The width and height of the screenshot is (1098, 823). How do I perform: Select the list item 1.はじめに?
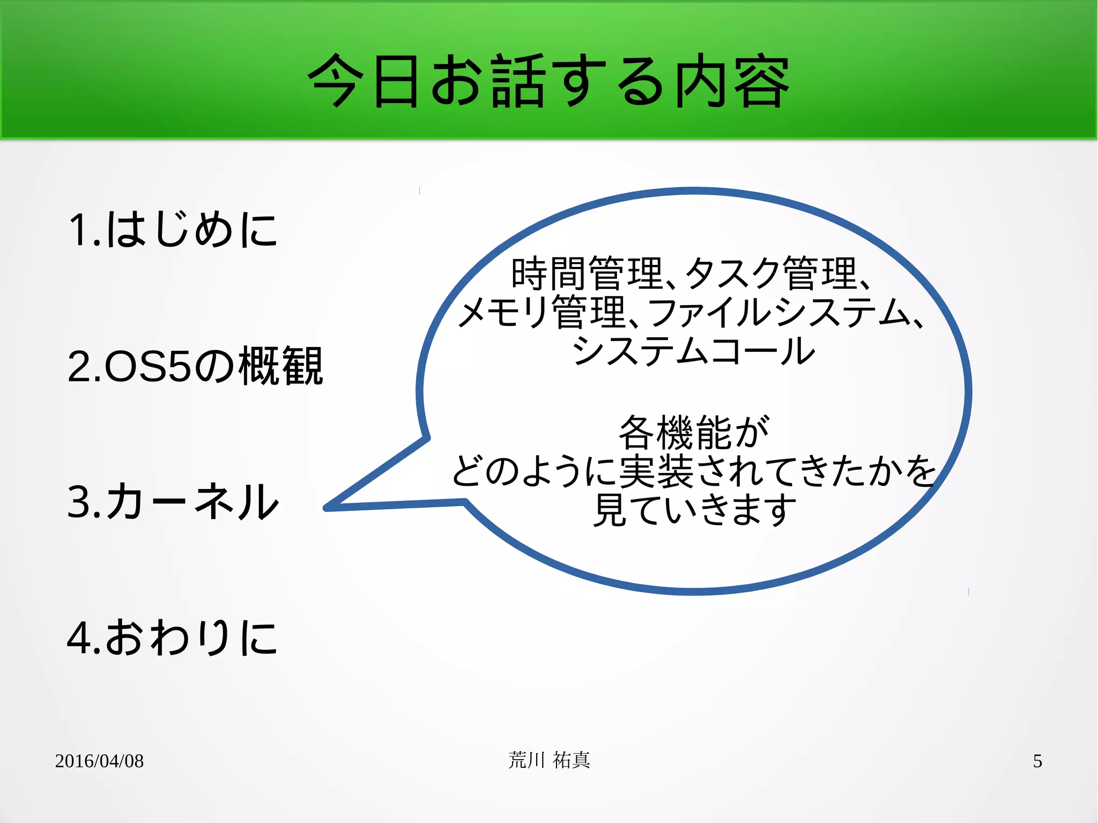coord(173,229)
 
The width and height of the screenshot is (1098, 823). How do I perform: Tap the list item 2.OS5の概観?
coord(195,366)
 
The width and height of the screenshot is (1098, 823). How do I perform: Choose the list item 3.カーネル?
coord(173,501)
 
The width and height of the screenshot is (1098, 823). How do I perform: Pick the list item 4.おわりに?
coord(172,637)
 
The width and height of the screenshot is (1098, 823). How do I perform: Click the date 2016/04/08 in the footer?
coord(99,761)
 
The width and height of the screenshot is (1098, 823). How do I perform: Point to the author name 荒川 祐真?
coord(549,760)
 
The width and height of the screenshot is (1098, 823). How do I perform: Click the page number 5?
coord(1037,761)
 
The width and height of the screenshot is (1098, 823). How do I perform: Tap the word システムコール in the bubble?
coord(693,351)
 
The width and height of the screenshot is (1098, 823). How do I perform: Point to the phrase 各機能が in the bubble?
coord(693,432)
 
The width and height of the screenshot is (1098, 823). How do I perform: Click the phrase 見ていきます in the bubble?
coord(693,510)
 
